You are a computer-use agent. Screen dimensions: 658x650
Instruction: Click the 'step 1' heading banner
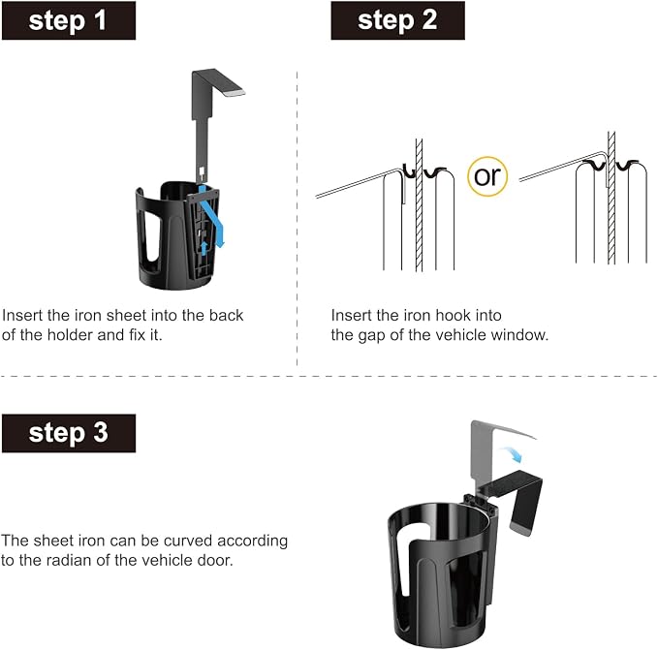click(x=69, y=20)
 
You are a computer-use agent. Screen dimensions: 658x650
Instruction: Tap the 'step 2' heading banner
click(x=398, y=20)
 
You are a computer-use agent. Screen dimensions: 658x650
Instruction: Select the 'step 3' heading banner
click(x=69, y=433)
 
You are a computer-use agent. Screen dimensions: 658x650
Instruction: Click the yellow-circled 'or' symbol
click(x=487, y=176)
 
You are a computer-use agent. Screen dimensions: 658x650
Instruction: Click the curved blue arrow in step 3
click(x=512, y=453)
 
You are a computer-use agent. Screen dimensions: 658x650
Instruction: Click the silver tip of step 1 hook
click(x=235, y=92)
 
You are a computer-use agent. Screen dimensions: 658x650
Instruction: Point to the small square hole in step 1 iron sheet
click(x=202, y=170)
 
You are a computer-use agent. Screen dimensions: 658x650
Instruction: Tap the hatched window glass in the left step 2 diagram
click(x=419, y=205)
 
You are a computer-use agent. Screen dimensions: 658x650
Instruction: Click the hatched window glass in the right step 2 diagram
click(x=611, y=198)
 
